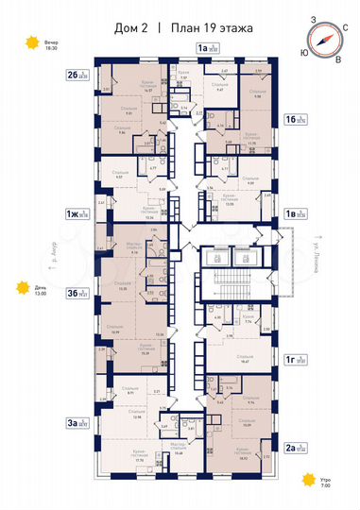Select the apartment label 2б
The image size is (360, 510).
tap(77, 75)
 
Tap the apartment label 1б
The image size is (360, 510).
tap(295, 120)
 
